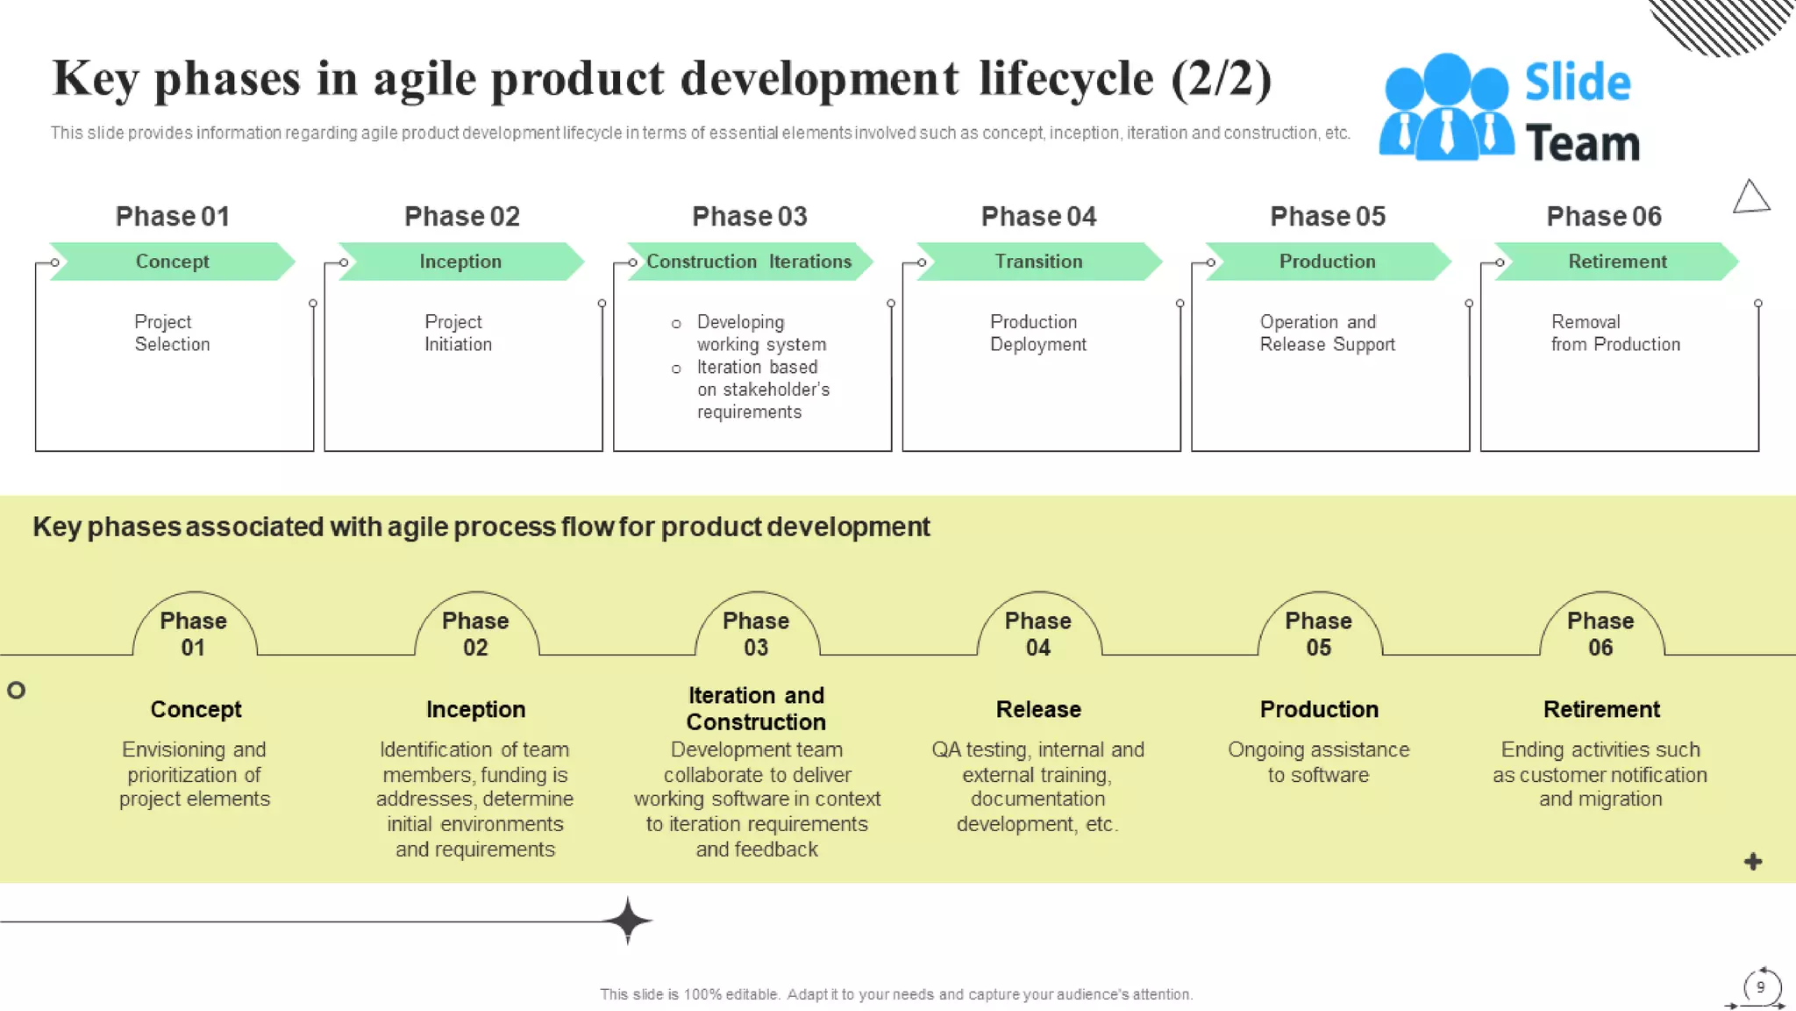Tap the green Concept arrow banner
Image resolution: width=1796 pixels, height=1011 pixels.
tap(172, 262)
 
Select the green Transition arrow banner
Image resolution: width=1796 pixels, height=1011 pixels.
tap(1038, 262)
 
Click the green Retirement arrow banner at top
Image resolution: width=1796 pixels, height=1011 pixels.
tap(1616, 262)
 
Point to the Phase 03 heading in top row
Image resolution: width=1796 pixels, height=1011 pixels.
tap(749, 216)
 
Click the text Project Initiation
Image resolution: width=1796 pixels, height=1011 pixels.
tap(457, 333)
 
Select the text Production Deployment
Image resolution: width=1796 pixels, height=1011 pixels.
tap(1037, 333)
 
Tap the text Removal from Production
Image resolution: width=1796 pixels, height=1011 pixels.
tap(1614, 333)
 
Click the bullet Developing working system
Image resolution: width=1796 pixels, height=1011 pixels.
tap(760, 333)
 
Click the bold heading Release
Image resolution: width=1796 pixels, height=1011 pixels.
tap(1038, 709)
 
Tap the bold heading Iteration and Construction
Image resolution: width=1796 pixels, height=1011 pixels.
tap(756, 708)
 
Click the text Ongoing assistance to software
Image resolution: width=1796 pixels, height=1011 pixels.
tap(1318, 762)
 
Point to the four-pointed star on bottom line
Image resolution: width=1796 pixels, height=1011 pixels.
tap(628, 921)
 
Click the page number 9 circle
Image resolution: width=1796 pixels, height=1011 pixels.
tap(1760, 987)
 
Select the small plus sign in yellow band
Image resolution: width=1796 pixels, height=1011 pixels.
tap(1752, 862)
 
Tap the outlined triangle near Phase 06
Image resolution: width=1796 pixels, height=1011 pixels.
tap(1750, 197)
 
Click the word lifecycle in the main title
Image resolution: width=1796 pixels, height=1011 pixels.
tap(1065, 79)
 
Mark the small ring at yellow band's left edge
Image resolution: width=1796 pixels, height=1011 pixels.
tap(16, 690)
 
